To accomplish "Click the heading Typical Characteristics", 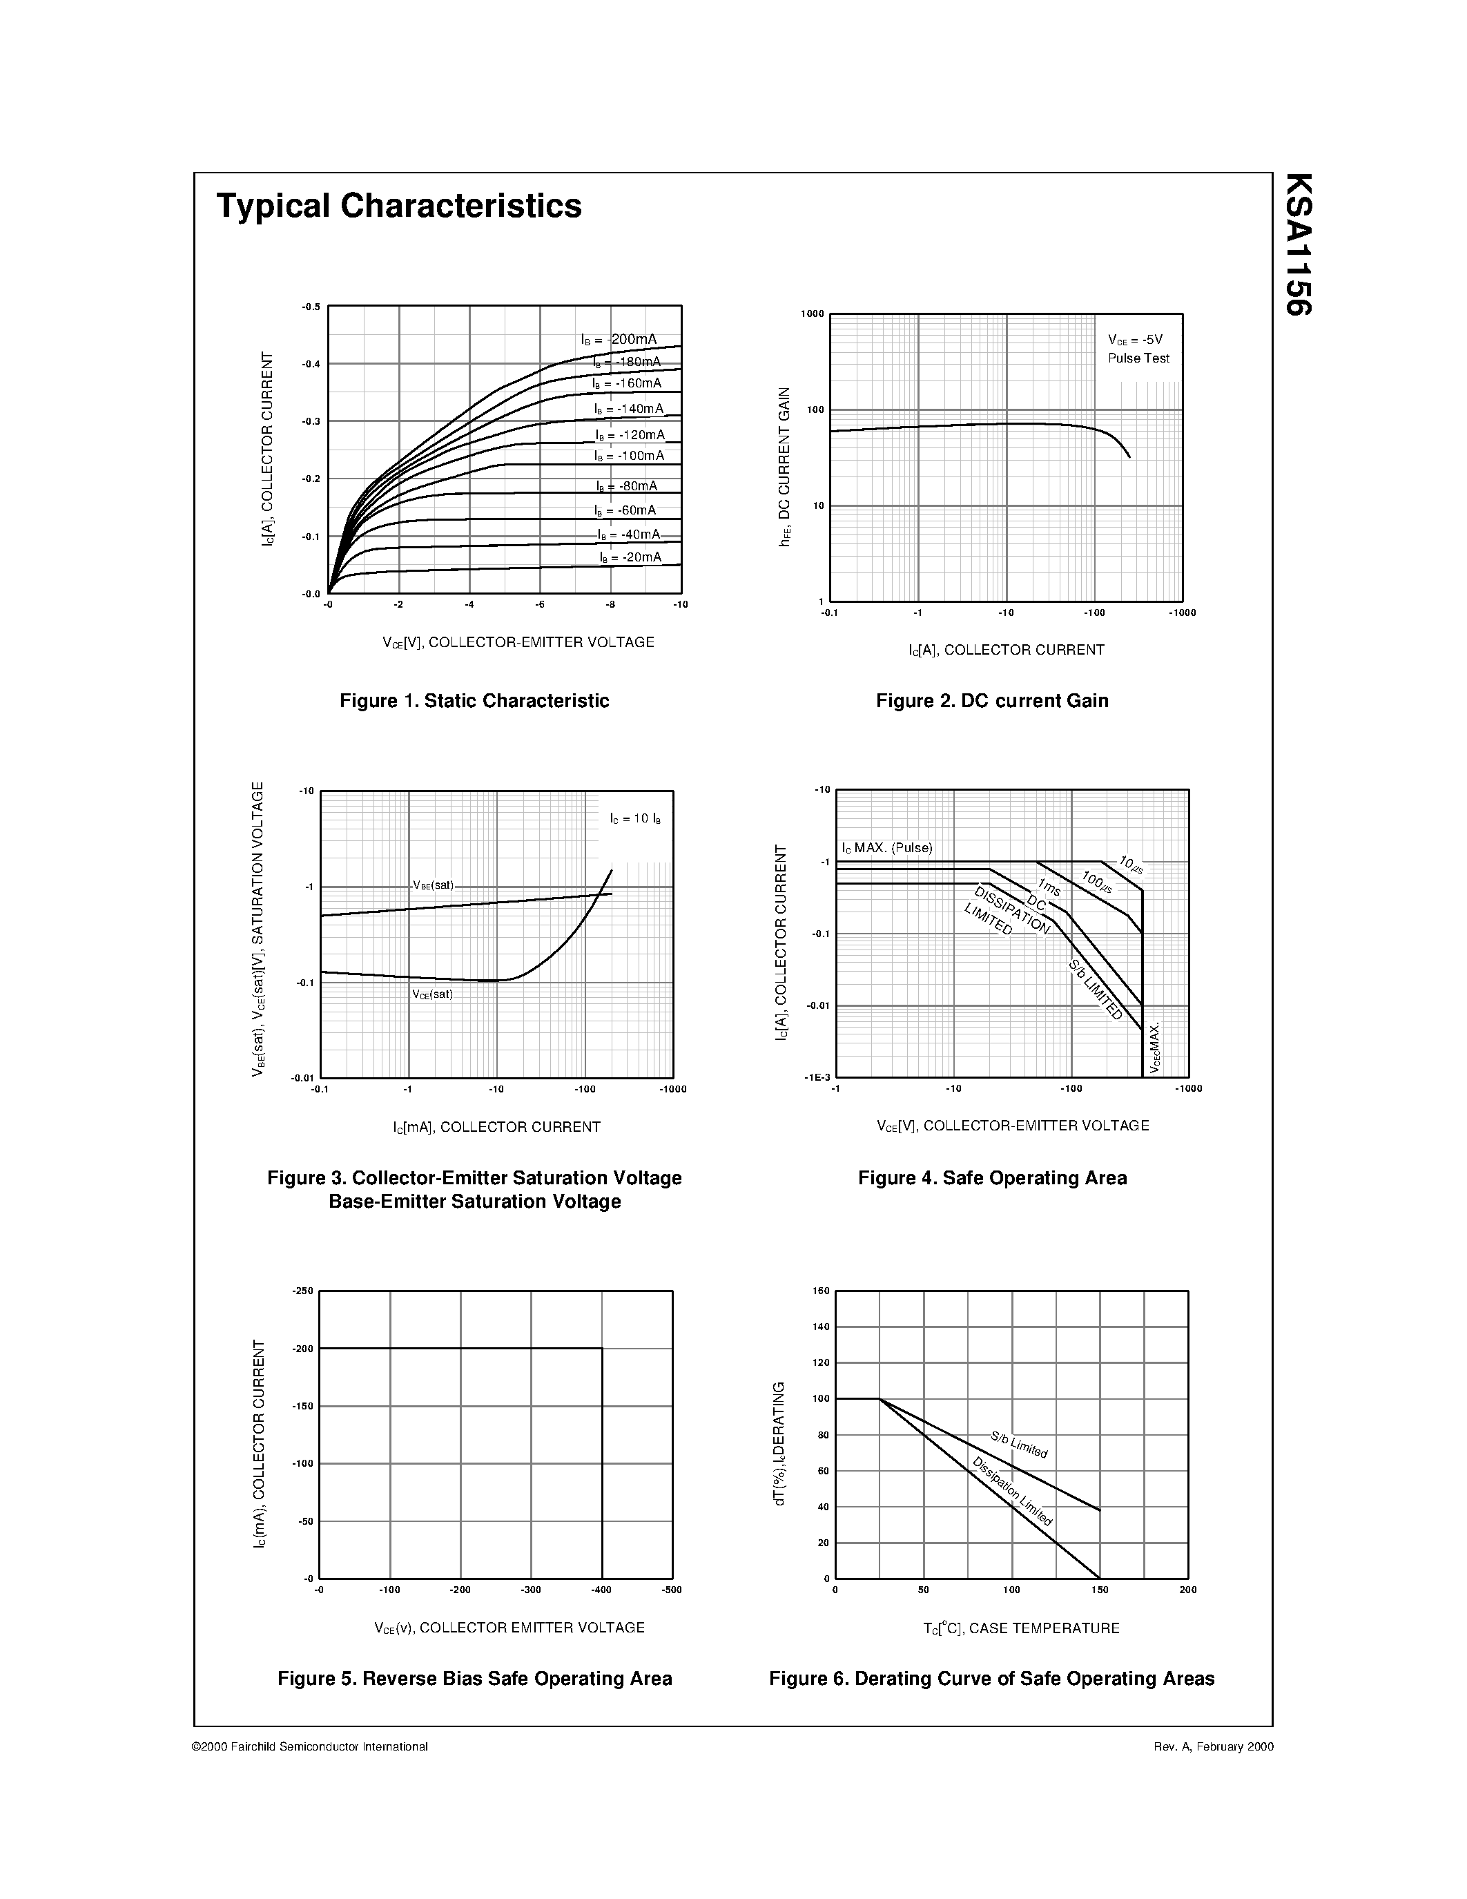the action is [399, 206].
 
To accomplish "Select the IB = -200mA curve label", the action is [619, 339].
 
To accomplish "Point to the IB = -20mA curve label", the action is [630, 557].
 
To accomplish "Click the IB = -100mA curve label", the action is [629, 456].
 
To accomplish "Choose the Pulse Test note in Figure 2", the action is [1138, 358].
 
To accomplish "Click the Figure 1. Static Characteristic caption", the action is [474, 701].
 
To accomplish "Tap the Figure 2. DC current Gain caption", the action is [993, 701].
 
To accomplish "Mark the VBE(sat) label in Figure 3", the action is [433, 885].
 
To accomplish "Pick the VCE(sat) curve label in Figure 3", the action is [433, 994].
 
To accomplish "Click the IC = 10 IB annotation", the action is [635, 819].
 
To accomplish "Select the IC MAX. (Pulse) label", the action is [886, 848].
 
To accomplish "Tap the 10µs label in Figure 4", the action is [1131, 863].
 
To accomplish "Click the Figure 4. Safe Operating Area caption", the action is [993, 1178].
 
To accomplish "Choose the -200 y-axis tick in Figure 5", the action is [302, 1349].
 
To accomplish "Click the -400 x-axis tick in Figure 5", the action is [601, 1590].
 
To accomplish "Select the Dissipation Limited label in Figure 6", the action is [1013, 1491].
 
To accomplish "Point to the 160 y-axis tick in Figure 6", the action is [822, 1291].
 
